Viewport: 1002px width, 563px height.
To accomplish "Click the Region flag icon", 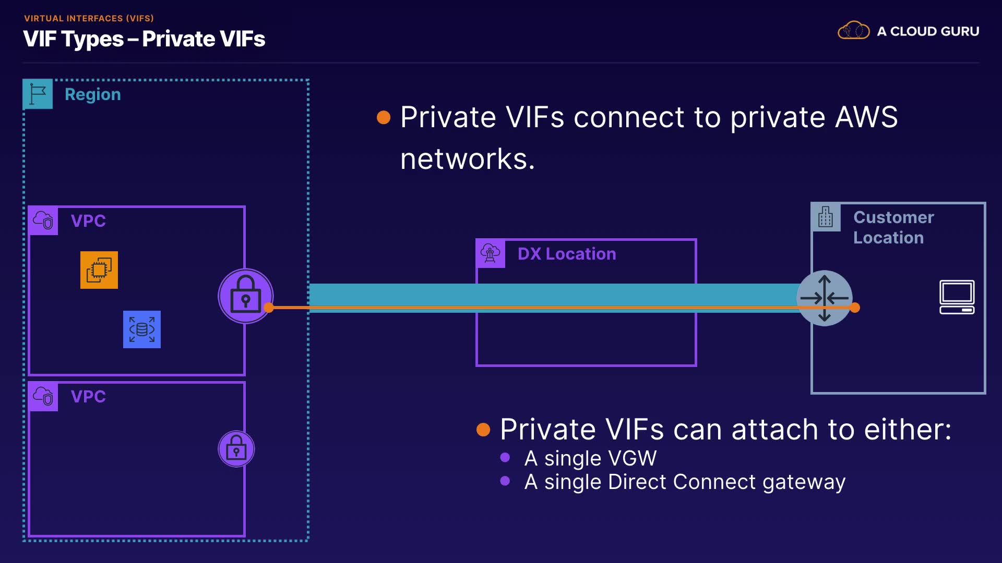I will click(x=38, y=94).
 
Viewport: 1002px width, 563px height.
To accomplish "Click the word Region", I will click(x=93, y=94).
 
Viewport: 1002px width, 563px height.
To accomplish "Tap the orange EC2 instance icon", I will click(x=99, y=270).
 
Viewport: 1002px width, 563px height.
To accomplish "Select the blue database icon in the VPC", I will click(x=142, y=329).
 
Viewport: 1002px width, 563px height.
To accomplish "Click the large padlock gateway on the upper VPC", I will click(x=245, y=296).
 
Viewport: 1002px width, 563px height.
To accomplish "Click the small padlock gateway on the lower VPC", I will click(x=236, y=449).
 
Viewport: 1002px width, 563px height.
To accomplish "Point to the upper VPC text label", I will click(x=88, y=221).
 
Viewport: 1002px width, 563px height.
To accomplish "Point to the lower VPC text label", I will click(x=88, y=397).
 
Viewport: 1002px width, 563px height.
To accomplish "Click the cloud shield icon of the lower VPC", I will click(x=43, y=397).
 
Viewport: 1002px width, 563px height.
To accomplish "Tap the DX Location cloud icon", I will click(x=491, y=253).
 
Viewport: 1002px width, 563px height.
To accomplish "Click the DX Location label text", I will click(x=567, y=254).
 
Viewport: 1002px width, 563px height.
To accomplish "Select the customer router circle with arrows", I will click(x=825, y=298).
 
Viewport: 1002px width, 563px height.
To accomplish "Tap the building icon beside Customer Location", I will click(x=826, y=217).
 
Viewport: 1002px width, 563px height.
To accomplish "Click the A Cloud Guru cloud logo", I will click(x=854, y=31).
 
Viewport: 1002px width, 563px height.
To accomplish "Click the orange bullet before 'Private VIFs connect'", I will click(x=384, y=117).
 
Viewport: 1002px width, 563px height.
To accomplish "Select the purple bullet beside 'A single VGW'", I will click(x=505, y=458).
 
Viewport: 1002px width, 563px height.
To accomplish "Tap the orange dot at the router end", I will click(x=855, y=308).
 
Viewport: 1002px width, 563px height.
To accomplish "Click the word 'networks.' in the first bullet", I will click(x=468, y=159).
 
